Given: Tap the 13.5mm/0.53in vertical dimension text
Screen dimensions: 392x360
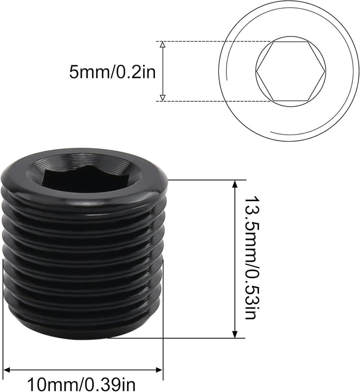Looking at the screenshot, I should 252,258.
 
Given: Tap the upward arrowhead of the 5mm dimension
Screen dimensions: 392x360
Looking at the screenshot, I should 162,46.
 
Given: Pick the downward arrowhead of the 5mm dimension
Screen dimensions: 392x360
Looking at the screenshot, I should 162,97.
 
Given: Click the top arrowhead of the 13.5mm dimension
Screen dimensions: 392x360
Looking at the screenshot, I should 234,184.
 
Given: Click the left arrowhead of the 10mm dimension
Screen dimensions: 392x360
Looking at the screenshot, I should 8,370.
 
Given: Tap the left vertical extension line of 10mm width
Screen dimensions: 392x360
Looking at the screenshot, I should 4,320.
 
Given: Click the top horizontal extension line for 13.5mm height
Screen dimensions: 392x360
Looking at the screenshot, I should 210,180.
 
